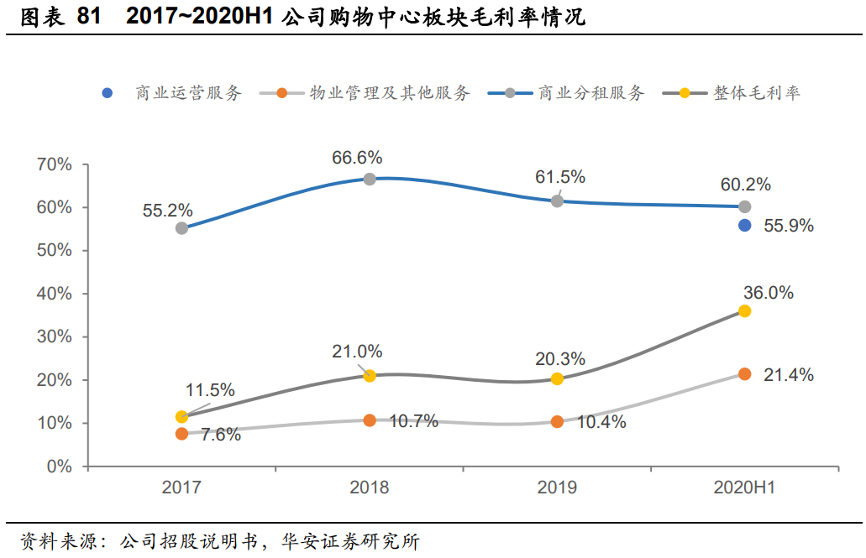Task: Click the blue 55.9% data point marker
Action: click(x=744, y=225)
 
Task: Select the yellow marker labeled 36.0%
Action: click(x=744, y=311)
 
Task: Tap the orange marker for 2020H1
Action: click(x=744, y=374)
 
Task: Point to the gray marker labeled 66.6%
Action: click(x=369, y=179)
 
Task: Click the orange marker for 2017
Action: click(x=181, y=434)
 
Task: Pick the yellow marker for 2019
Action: click(x=557, y=378)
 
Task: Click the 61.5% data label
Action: click(x=560, y=177)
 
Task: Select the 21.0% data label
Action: click(x=357, y=352)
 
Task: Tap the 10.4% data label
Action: click(x=601, y=422)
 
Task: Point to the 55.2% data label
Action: click(x=168, y=210)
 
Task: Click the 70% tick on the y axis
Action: click(x=55, y=164)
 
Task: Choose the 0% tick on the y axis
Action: click(x=59, y=467)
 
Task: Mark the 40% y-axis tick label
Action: click(x=55, y=294)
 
